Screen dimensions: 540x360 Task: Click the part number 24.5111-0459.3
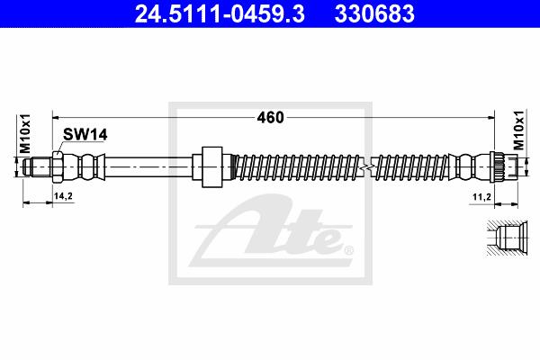pyautogui.click(x=220, y=13)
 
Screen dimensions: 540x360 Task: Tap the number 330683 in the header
pyautogui.click(x=374, y=13)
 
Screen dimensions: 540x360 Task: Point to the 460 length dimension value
pyautogui.click(x=270, y=118)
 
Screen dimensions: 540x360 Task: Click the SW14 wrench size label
pyautogui.click(x=85, y=135)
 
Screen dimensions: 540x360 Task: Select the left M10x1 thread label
pyautogui.click(x=25, y=134)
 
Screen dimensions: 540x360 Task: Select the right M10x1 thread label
pyautogui.click(x=518, y=130)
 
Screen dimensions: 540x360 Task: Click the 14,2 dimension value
pyautogui.click(x=63, y=196)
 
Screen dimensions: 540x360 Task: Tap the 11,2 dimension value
pyautogui.click(x=481, y=197)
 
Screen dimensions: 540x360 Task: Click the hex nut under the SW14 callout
pyautogui.click(x=58, y=166)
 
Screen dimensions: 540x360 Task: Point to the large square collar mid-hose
pyautogui.click(x=211, y=166)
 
